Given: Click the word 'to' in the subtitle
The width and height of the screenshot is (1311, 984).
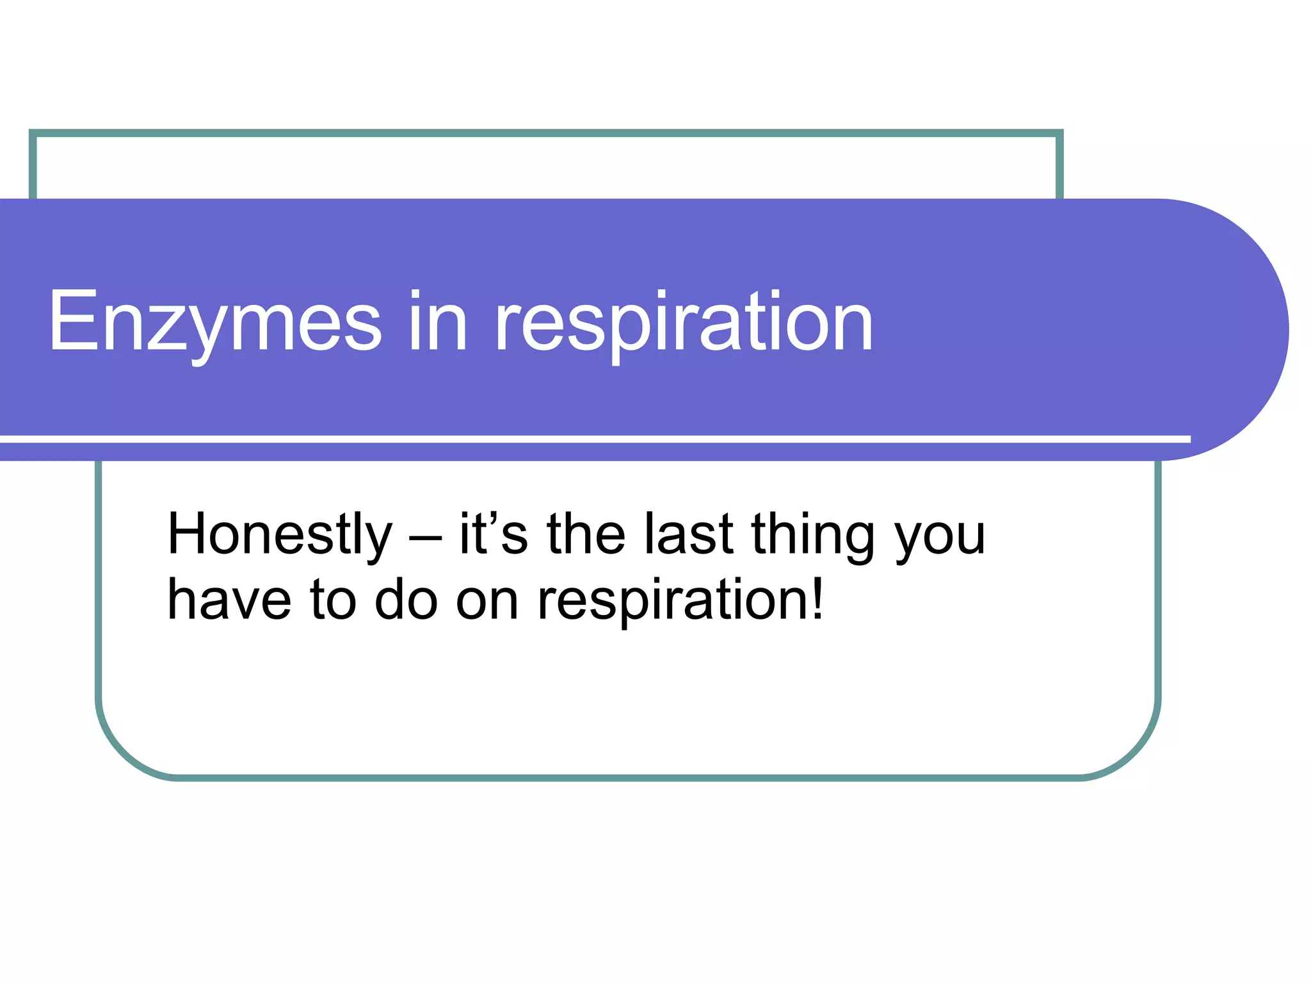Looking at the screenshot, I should (x=333, y=600).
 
